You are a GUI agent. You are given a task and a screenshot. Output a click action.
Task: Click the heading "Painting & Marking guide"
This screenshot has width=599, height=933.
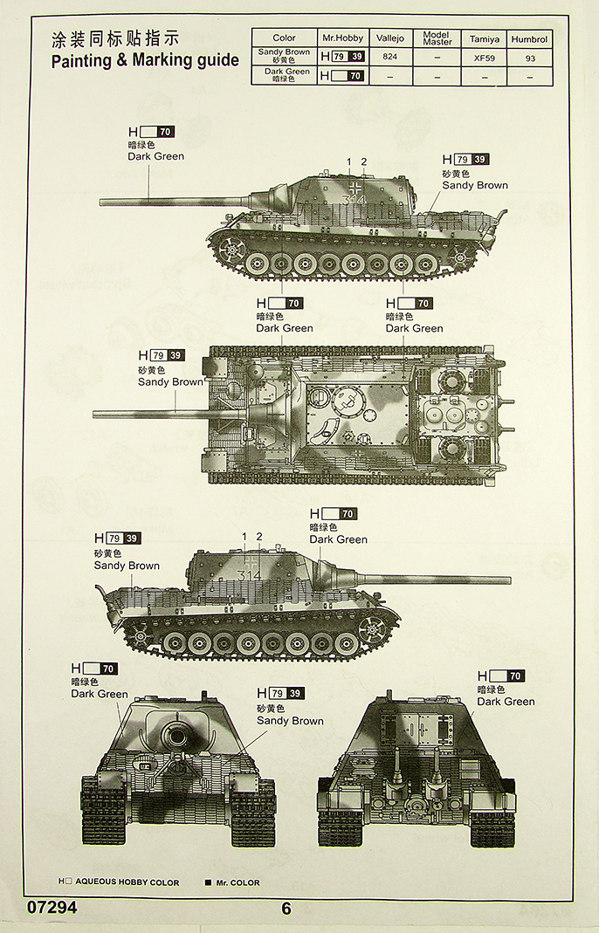145,61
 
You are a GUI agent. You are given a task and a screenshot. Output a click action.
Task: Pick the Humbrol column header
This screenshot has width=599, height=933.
529,38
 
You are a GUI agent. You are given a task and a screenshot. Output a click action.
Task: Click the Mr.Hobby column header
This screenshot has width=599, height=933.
342,38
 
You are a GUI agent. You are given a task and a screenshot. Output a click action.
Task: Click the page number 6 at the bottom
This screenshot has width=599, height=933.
286,909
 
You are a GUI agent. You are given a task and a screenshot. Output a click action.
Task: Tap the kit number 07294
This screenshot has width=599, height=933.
52,908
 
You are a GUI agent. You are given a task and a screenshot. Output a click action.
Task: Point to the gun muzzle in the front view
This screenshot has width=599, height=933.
179,737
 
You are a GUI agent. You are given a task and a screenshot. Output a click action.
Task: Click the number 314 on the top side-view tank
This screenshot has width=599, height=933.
355,200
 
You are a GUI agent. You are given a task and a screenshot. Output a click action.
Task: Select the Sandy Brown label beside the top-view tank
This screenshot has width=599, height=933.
169,381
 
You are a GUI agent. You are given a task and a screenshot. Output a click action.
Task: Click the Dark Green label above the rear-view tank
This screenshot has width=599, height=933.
506,701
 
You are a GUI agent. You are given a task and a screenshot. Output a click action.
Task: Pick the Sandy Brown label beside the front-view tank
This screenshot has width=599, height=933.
290,720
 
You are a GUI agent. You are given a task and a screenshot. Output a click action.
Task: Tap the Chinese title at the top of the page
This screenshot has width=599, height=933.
115,38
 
